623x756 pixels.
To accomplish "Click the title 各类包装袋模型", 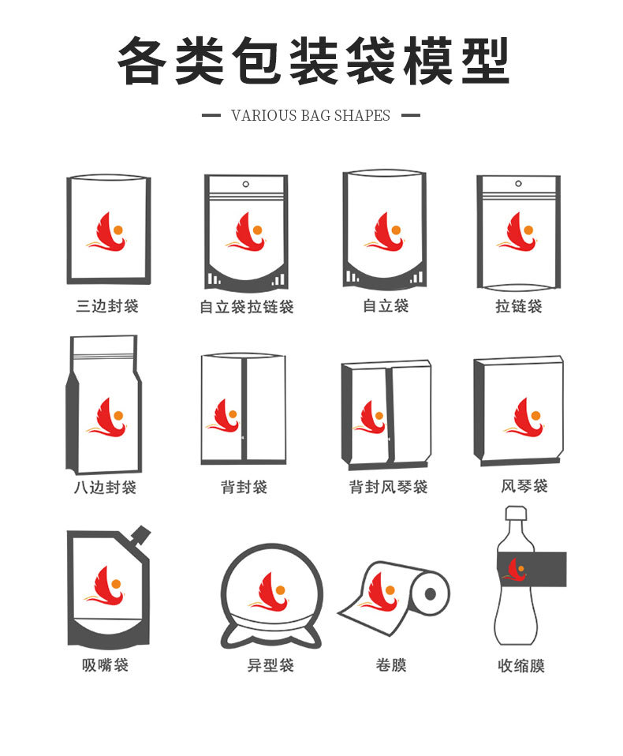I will tap(312, 61).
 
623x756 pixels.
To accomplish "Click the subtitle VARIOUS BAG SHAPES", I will tap(311, 115).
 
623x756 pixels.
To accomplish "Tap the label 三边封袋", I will tap(107, 305).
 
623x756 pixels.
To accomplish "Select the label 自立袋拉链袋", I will tap(246, 306).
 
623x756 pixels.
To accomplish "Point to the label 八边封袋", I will tap(106, 487).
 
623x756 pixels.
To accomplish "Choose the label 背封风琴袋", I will tap(388, 487).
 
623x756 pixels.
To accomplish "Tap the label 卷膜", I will tap(391, 665).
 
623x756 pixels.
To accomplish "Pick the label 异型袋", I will tap(270, 665).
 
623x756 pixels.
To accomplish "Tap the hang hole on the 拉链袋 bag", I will tap(520, 185).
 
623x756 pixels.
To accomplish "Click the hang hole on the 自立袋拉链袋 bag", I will tap(246, 185).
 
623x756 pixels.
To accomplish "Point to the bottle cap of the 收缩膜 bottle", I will tap(516, 513).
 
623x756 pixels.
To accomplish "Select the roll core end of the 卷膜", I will tap(431, 593).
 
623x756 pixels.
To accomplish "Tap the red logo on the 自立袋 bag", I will tap(385, 232).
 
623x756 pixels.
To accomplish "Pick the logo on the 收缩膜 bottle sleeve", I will tap(517, 569).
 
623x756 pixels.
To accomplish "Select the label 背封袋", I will tap(244, 487).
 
